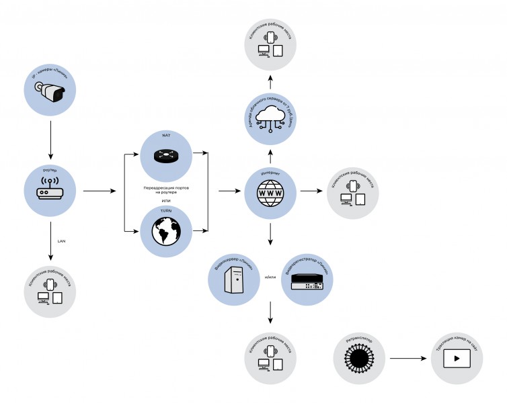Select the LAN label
61,240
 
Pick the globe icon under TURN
166,231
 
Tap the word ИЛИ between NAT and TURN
165,201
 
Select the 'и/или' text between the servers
270,277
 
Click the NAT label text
165,136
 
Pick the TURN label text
165,210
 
